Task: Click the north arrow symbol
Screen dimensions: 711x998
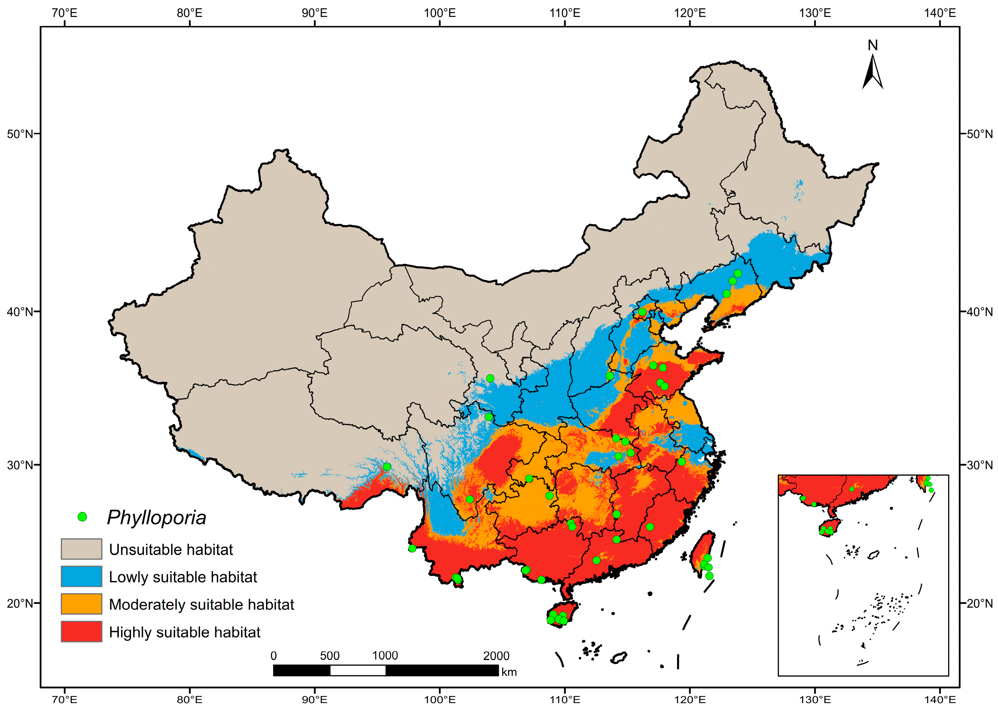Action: click(x=872, y=72)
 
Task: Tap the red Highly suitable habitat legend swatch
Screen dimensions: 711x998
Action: click(x=81, y=631)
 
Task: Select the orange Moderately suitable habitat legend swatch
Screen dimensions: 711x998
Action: click(x=81, y=604)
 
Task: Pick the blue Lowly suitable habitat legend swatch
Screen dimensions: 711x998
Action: click(x=81, y=576)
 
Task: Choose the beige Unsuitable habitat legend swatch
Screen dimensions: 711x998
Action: click(x=81, y=549)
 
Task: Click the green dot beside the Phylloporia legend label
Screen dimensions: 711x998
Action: click(x=82, y=517)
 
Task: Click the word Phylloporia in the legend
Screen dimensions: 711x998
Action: click(x=156, y=518)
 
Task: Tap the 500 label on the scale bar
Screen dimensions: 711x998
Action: click(x=329, y=655)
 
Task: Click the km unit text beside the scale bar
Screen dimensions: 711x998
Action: click(x=509, y=672)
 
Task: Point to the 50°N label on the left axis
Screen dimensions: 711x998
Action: click(x=20, y=134)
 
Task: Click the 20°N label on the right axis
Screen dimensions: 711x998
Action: click(x=979, y=603)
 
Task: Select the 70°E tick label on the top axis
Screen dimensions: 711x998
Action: click(x=64, y=13)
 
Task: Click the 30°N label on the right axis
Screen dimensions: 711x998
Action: click(x=979, y=465)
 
